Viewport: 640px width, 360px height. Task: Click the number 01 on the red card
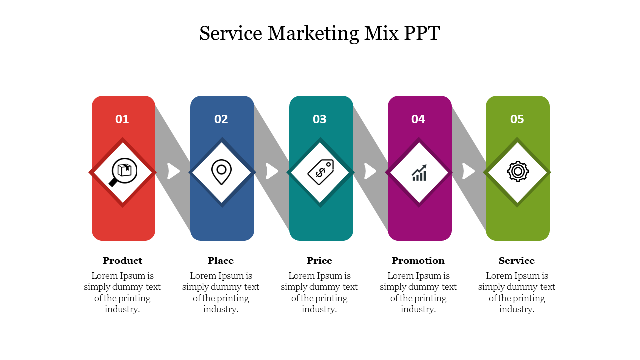[122, 119]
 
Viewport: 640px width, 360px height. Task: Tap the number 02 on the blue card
[221, 119]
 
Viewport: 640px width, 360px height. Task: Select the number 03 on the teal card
[320, 119]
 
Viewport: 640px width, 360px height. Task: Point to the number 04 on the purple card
[418, 119]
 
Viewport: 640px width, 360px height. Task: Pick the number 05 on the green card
[517, 119]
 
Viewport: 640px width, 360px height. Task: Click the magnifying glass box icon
[123, 172]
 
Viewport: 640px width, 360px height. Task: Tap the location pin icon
[221, 172]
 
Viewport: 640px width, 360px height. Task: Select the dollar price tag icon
[320, 172]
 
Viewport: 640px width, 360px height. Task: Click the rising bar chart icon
[419, 172]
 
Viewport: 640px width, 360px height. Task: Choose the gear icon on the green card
[518, 172]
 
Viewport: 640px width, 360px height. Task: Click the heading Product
[122, 261]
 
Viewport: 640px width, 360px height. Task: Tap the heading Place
[221, 261]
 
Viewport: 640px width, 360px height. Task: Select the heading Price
[319, 261]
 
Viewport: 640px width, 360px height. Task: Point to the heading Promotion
[418, 261]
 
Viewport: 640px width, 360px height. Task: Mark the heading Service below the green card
[517, 261]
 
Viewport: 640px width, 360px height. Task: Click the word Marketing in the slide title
[313, 33]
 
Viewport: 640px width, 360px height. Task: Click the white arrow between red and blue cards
[173, 171]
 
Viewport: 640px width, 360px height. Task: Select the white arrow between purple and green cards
[468, 171]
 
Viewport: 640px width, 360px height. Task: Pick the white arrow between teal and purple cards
[370, 171]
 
